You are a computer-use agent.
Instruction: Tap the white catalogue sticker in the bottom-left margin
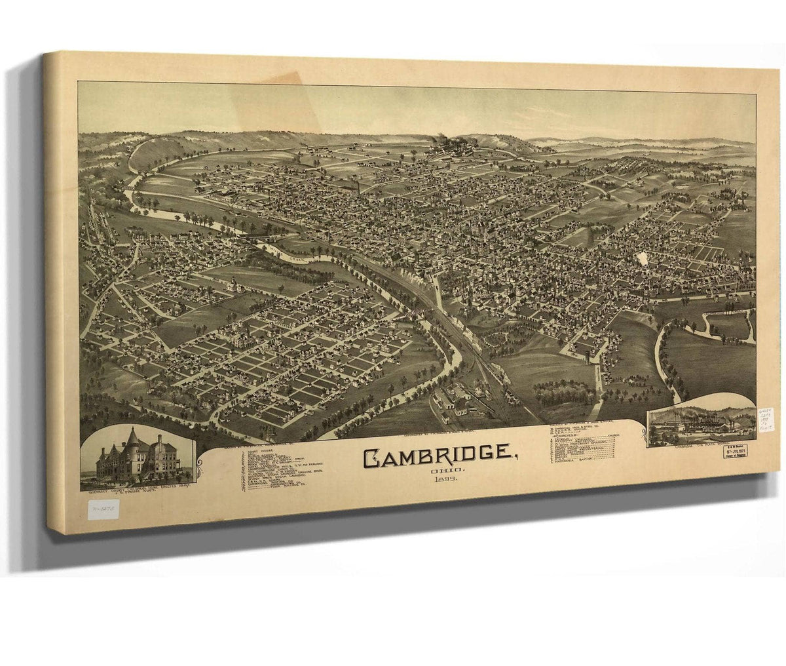coord(98,508)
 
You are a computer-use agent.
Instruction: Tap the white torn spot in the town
coord(642,259)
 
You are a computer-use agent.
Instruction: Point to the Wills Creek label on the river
coord(295,253)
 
